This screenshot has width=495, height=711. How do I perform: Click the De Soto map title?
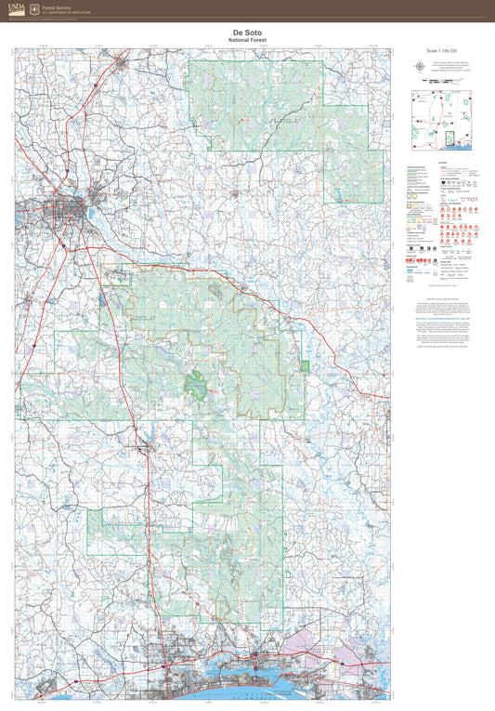pyautogui.click(x=247, y=33)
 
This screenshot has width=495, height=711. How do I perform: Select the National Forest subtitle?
pyautogui.click(x=247, y=41)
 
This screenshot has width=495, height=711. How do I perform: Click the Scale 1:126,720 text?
pyautogui.click(x=443, y=52)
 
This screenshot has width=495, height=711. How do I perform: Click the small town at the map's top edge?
pyautogui.click(x=122, y=64)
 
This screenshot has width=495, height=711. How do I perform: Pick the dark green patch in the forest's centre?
pyautogui.click(x=198, y=382)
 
